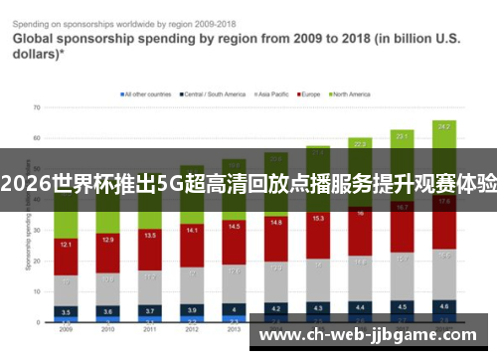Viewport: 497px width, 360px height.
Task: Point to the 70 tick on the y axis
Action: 36,106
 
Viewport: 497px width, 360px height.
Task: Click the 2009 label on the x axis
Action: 65,329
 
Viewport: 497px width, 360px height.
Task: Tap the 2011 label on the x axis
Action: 150,329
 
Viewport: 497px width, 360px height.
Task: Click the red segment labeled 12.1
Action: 65,245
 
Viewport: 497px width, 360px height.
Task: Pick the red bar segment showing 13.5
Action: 150,237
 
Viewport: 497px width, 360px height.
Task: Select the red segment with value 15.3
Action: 318,219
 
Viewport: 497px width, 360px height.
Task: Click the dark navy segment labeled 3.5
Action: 65,311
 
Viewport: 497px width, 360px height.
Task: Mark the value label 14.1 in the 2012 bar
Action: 192,230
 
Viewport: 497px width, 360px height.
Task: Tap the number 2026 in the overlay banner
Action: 28,182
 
